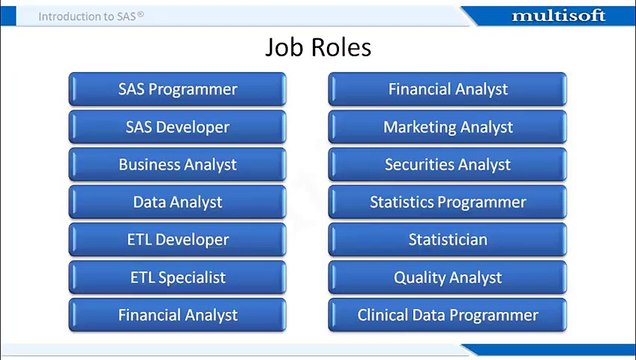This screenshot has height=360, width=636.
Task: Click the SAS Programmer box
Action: click(x=178, y=89)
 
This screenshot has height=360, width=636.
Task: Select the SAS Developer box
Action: click(x=178, y=127)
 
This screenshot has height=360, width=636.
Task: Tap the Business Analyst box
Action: click(x=178, y=165)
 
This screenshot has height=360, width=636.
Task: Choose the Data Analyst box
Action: click(x=178, y=202)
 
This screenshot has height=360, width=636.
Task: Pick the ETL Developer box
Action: click(x=178, y=240)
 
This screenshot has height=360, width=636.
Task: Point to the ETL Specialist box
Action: click(x=178, y=277)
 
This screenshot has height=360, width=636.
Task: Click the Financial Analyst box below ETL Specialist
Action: click(x=178, y=315)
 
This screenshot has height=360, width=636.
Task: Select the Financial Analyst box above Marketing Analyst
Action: click(x=447, y=89)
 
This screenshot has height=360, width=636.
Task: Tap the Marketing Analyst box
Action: click(x=447, y=127)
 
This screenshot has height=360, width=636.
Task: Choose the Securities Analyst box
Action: click(x=447, y=165)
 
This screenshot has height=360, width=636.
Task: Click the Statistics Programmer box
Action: click(x=447, y=202)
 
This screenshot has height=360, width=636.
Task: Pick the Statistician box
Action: click(x=447, y=240)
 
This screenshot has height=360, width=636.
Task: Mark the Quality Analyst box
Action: click(x=447, y=277)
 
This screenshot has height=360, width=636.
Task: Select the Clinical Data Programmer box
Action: click(x=447, y=315)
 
